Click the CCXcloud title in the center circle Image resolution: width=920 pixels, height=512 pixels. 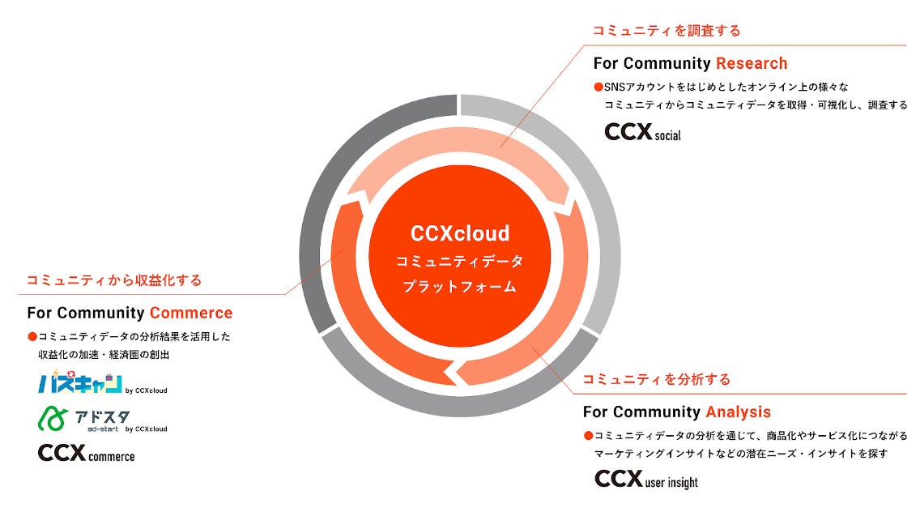(460, 234)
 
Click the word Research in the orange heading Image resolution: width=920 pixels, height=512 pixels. (752, 63)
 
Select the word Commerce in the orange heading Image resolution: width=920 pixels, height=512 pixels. (191, 313)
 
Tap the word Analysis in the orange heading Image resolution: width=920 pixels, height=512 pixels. (738, 412)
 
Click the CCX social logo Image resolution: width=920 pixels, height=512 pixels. (643, 132)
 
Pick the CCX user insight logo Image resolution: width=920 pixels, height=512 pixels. (645, 479)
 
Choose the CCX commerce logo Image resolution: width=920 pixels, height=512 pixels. (86, 454)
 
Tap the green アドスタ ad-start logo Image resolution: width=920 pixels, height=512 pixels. (84, 419)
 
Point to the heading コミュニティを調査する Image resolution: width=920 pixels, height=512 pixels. (667, 31)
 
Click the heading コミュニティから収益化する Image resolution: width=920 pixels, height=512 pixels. (114, 280)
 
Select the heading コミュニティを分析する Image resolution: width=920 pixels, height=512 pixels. (656, 379)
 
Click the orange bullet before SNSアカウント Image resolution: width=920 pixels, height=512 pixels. (598, 87)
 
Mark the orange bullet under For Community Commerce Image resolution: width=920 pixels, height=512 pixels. (32, 336)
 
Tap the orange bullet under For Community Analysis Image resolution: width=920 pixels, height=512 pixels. (588, 435)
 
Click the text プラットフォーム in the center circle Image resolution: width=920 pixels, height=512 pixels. (460, 287)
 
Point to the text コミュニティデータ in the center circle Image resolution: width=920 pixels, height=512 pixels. (460, 262)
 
